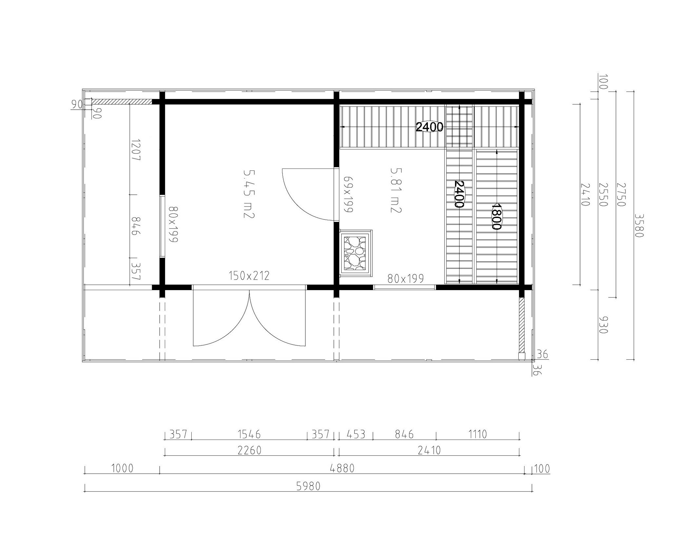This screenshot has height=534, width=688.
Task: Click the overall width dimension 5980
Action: (308, 486)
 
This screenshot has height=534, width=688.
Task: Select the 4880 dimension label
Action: (342, 468)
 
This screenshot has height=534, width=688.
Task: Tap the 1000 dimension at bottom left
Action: (122, 468)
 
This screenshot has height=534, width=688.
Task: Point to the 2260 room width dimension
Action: (249, 450)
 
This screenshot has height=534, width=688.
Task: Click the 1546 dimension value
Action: (249, 434)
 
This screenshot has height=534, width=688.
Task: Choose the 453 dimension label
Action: (356, 434)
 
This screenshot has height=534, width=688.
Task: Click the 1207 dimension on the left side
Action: (135, 150)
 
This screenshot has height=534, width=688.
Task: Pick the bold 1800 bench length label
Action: (497, 216)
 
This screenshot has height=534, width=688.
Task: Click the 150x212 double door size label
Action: (249, 276)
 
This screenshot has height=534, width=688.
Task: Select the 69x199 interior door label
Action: (348, 195)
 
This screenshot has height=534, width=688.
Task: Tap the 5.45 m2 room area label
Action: (249, 194)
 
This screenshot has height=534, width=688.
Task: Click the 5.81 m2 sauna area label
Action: (396, 190)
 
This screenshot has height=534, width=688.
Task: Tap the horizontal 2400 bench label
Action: (430, 127)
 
